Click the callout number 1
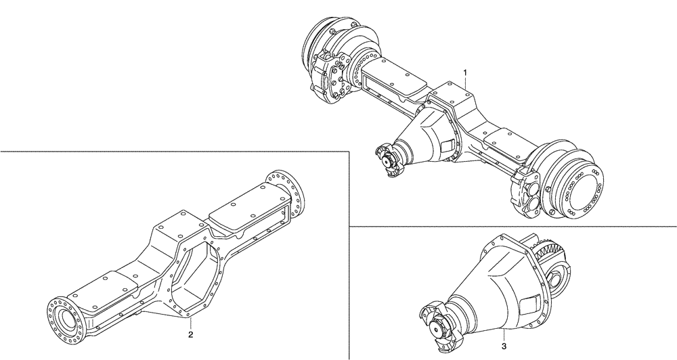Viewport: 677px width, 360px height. point(465,71)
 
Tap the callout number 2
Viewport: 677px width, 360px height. point(191,334)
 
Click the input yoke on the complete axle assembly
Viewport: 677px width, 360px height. point(388,161)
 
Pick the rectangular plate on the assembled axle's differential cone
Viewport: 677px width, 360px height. point(447,144)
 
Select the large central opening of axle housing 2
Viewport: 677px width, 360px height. point(198,261)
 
